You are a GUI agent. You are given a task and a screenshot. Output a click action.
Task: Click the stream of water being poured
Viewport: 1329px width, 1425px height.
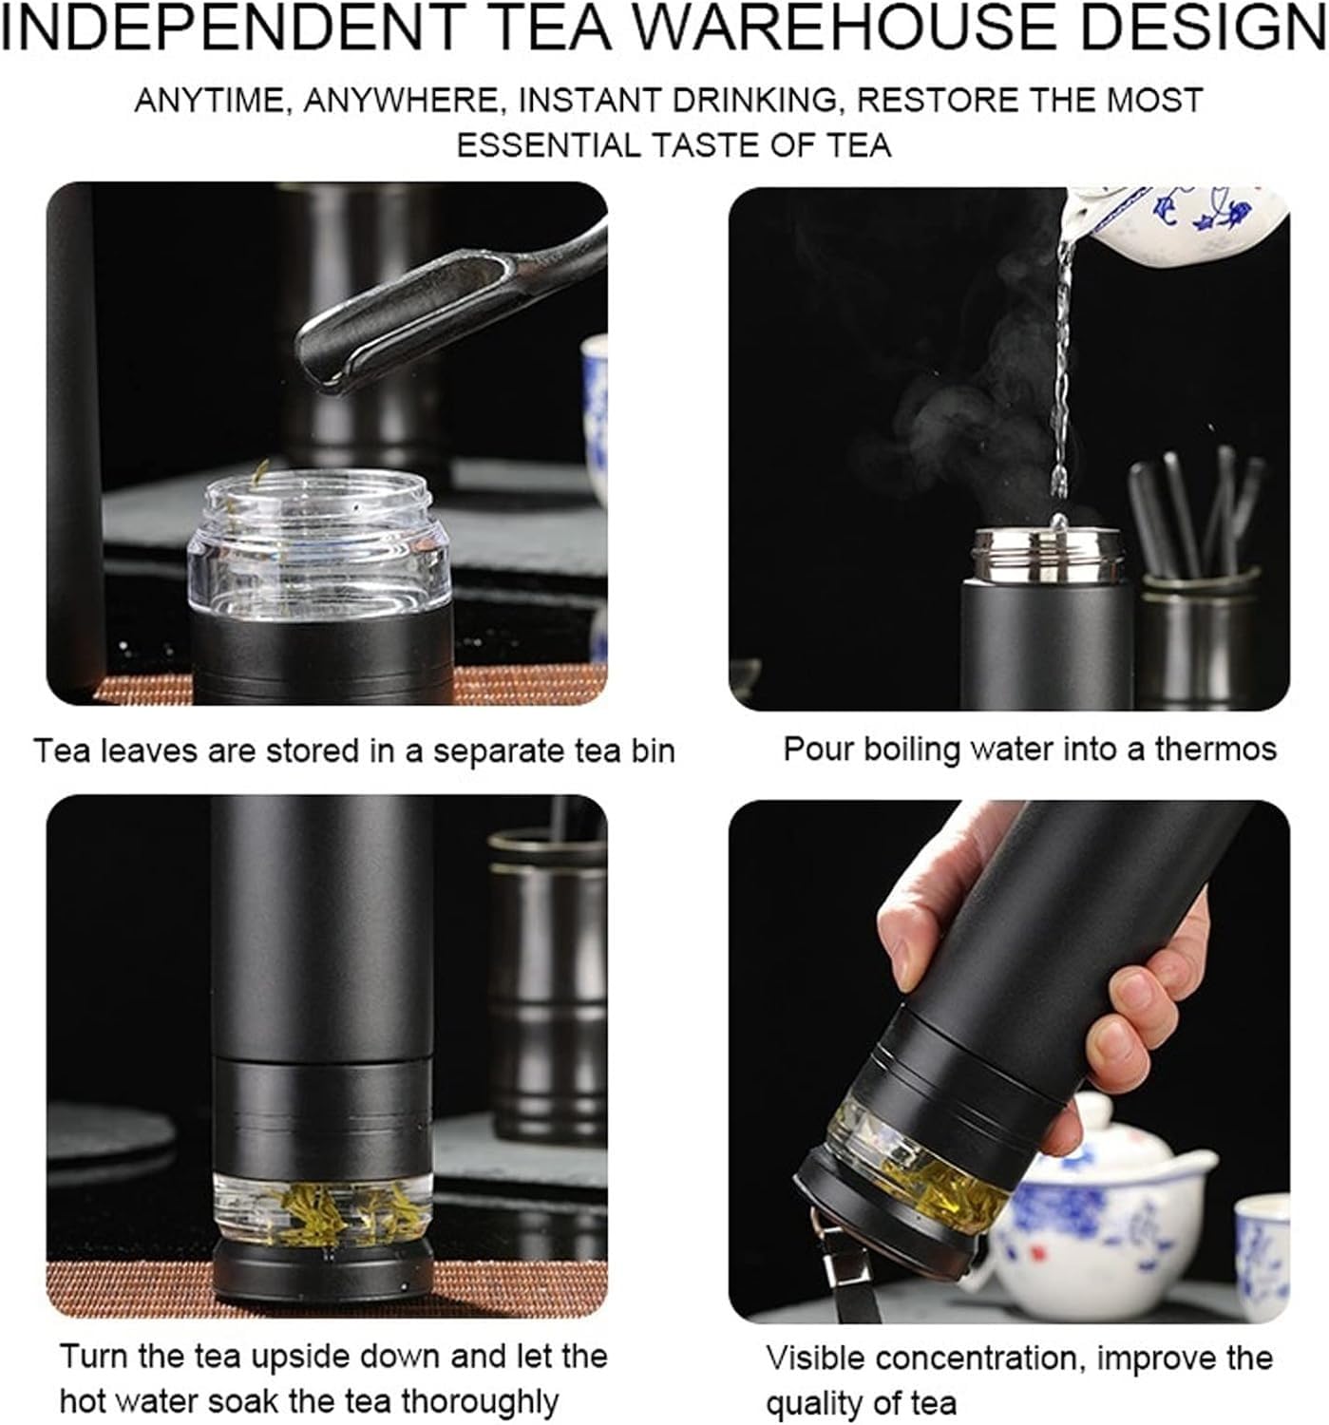click(1061, 380)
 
